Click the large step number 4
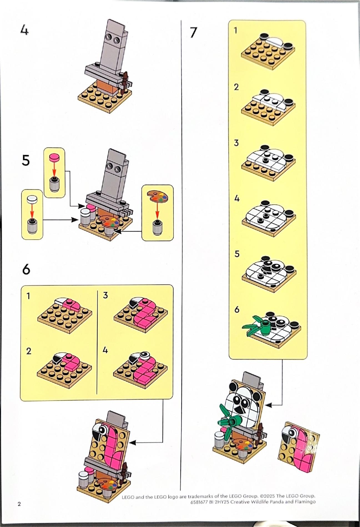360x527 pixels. click(24, 30)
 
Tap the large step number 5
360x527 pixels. click(26, 160)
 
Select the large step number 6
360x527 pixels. click(26, 269)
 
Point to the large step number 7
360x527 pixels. click(193, 32)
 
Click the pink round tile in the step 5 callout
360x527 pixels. click(54, 157)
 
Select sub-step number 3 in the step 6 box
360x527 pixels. click(105, 295)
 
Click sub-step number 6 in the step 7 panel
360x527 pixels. click(237, 309)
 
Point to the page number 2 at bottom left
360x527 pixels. click(19, 504)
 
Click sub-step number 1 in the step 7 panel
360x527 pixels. click(235, 30)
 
